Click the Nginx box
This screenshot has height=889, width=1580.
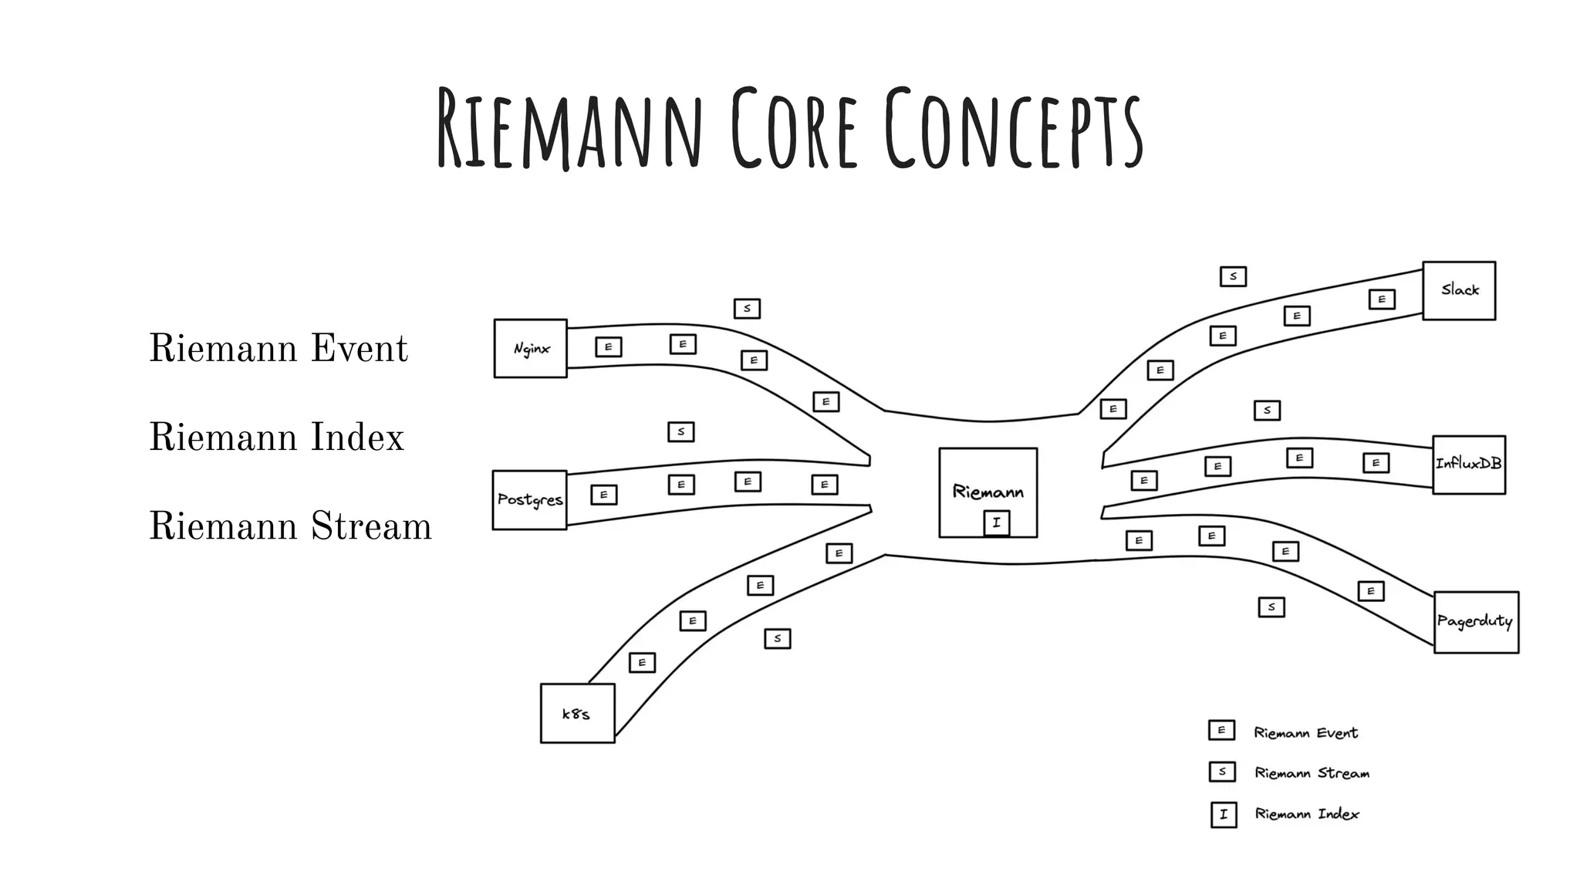click(x=531, y=349)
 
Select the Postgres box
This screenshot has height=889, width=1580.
click(x=530, y=500)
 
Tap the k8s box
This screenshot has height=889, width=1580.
click(x=577, y=714)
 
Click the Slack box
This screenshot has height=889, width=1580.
click(x=1459, y=290)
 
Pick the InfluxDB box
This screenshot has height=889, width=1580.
click(x=1469, y=465)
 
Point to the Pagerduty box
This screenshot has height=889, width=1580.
click(x=1476, y=622)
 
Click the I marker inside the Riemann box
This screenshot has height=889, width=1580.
click(x=996, y=522)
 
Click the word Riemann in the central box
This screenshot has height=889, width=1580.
click(x=987, y=492)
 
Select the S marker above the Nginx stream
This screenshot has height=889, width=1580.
click(x=747, y=309)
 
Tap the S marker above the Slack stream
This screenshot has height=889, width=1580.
click(x=1233, y=276)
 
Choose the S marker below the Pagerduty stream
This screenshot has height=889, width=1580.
click(x=1271, y=607)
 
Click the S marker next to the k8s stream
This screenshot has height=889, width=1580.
click(x=777, y=638)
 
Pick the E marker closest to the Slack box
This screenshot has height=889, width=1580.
click(x=1382, y=299)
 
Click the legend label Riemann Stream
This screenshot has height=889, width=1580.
click(x=1312, y=773)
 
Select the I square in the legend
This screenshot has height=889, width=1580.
click(x=1224, y=814)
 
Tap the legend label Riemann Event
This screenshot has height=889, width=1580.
click(x=1305, y=733)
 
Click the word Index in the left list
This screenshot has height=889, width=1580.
click(x=357, y=438)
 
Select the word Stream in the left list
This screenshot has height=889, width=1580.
click(x=371, y=526)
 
